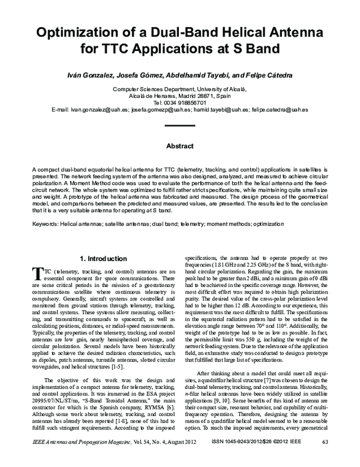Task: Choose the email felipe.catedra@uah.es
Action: pyautogui.click(x=280, y=110)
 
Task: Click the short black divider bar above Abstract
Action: pyautogui.click(x=179, y=125)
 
